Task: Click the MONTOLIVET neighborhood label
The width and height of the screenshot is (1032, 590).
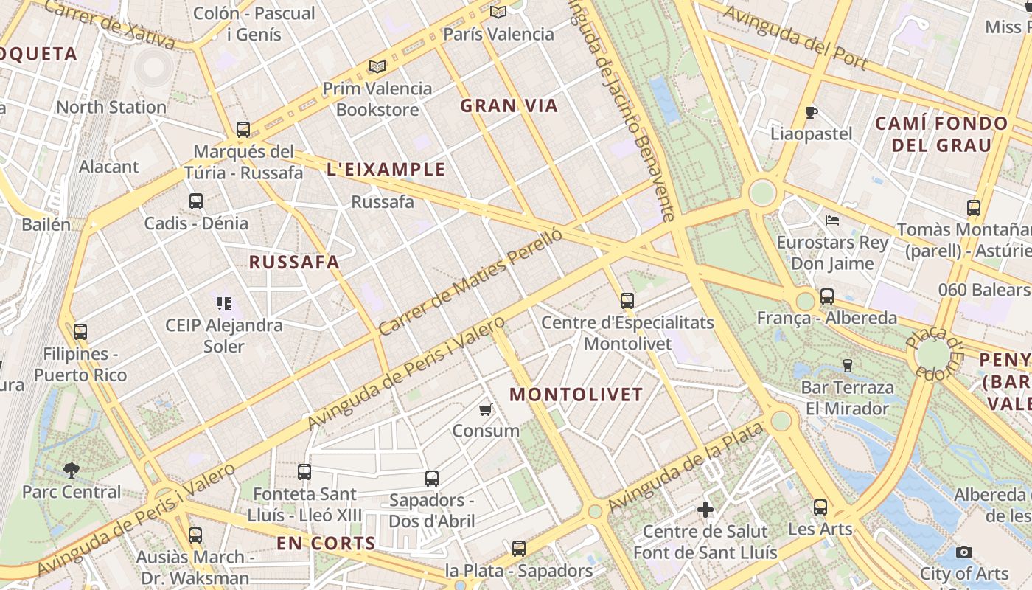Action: [576, 395]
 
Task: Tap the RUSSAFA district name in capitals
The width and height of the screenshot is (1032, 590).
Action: [294, 262]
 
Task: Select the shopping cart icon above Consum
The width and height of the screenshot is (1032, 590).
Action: [485, 409]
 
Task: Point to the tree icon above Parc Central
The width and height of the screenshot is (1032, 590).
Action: [72, 469]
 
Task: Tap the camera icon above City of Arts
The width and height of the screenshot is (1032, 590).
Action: [963, 552]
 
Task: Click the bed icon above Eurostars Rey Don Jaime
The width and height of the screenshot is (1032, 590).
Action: [832, 220]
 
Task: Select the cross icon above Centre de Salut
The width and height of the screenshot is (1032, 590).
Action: [705, 509]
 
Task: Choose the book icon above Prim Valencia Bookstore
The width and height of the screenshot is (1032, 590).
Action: [377, 67]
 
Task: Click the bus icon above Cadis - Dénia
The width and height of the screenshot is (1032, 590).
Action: [196, 201]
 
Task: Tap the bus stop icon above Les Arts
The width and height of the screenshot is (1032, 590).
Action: [820, 507]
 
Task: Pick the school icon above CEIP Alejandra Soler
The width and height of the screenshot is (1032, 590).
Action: [225, 303]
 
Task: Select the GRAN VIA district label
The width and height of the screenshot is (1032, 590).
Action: [509, 105]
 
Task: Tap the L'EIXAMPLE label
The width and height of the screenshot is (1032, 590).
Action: [386, 170]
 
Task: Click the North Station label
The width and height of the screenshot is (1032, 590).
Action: [111, 107]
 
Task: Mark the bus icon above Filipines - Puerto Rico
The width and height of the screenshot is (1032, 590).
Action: [80, 332]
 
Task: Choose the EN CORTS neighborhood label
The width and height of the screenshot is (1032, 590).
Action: [326, 544]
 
